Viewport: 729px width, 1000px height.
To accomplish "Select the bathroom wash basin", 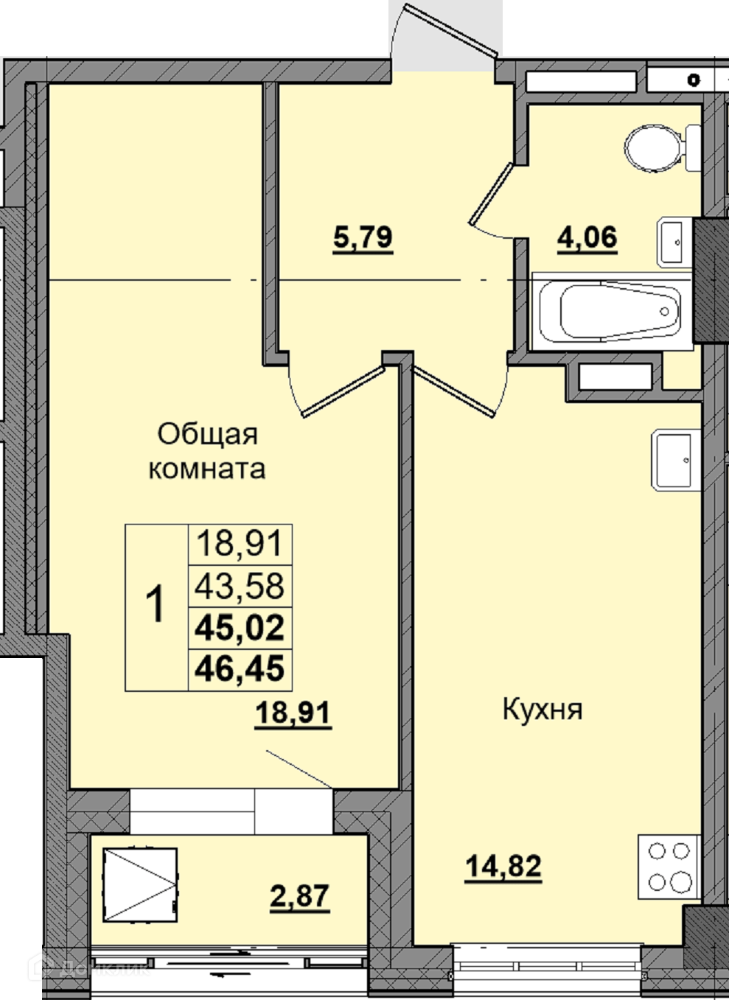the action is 674,242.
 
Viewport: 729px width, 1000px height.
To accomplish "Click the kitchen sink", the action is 675,461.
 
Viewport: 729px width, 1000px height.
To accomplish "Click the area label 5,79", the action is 363,238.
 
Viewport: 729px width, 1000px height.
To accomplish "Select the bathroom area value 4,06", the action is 587,238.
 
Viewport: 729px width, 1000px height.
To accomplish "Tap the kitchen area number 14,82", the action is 503,867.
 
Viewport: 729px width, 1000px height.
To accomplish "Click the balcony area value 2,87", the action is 299,895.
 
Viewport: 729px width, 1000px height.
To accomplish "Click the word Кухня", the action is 543,710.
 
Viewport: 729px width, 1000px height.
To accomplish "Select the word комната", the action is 206,469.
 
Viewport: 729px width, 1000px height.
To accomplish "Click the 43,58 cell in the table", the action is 240,586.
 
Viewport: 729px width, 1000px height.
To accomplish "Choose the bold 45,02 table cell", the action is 240,628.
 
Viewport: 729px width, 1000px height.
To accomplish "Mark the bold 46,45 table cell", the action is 240,669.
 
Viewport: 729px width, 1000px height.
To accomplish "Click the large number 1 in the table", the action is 156,604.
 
